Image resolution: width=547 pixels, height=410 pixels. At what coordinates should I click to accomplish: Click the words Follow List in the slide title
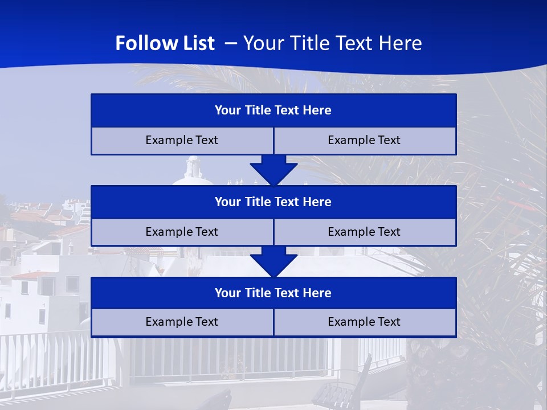coord(165,43)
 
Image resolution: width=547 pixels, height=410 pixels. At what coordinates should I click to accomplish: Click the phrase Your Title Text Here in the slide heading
coord(333,43)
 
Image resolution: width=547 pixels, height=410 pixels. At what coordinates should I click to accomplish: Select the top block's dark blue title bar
coord(273,110)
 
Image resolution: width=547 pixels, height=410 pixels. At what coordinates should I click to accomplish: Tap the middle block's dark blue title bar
coord(273,202)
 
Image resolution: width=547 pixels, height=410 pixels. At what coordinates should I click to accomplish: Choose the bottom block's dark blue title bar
coord(273,293)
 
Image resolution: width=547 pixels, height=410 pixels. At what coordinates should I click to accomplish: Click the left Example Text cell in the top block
coord(182,140)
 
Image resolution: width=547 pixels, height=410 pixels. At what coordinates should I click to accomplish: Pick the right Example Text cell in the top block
coord(364,140)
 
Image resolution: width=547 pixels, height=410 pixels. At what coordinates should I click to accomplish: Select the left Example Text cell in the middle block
coord(182,232)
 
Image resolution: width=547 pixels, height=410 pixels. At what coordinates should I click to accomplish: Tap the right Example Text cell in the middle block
coord(364,232)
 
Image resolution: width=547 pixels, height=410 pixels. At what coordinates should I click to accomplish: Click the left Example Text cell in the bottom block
coord(182,322)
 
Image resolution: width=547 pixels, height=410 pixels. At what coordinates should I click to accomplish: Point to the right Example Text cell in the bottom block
coord(364,322)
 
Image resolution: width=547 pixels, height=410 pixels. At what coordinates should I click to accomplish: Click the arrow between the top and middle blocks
coord(273,170)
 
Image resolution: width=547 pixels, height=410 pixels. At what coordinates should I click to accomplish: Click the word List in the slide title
coord(196,43)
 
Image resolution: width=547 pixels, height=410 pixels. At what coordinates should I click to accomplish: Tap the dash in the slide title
coord(231,43)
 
